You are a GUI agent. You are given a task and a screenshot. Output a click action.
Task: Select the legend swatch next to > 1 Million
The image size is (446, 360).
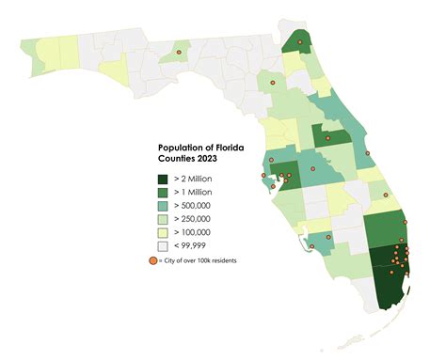coord(163,191)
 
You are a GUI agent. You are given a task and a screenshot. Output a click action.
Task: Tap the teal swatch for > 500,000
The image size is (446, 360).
coord(163,205)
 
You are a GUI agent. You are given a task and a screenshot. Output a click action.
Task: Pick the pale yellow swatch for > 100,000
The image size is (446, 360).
coord(163,232)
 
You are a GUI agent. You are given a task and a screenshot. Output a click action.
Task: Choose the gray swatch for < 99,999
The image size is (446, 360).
coord(163,245)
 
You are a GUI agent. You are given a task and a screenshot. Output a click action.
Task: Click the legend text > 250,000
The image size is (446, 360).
coord(194,218)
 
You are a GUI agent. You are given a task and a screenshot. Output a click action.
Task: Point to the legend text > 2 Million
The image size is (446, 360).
coord(192,178)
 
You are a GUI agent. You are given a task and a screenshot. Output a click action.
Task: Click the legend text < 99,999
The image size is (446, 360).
coord(191,245)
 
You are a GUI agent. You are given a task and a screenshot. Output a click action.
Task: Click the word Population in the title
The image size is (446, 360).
coord(179,148)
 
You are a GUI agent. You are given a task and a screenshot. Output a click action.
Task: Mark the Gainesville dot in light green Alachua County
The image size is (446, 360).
coord(272,84)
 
